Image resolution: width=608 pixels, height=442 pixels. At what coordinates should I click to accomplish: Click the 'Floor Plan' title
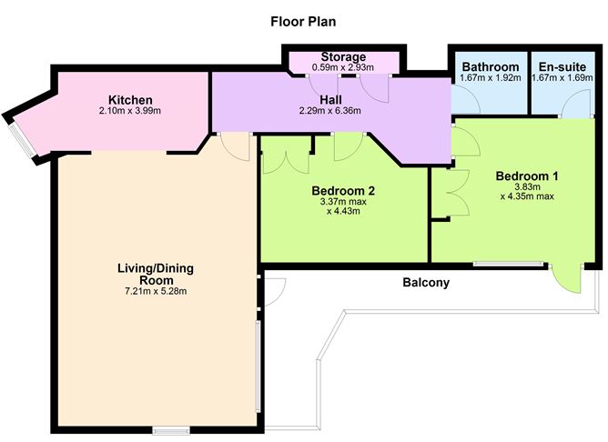click(303, 22)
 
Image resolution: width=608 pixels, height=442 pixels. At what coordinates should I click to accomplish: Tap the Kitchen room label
click(130, 99)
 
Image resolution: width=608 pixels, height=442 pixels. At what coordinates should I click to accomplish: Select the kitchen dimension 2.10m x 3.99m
click(130, 111)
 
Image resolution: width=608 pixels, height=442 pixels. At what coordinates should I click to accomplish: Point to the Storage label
click(343, 57)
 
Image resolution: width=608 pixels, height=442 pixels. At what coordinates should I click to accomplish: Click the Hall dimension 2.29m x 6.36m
click(330, 111)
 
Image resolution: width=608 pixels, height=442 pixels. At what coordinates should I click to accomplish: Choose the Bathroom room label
click(491, 66)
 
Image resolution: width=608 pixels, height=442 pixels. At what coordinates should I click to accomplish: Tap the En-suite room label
click(562, 66)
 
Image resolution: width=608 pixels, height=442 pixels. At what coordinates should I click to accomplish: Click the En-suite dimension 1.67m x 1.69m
click(562, 77)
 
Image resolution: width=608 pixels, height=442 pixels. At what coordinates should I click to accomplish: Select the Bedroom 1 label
click(527, 176)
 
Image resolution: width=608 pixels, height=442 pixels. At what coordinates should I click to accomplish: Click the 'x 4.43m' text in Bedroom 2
click(343, 212)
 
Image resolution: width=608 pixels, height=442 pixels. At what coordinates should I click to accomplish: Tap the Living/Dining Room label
click(156, 275)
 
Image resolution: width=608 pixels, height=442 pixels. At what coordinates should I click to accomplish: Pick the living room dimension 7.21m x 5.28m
click(156, 291)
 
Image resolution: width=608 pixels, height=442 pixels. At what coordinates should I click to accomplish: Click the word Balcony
click(426, 283)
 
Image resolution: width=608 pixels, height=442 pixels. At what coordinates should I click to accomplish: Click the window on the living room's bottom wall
click(171, 430)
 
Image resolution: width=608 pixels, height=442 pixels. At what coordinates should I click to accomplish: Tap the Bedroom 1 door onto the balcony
click(567, 278)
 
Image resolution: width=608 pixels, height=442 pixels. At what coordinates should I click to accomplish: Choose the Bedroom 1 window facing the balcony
click(509, 265)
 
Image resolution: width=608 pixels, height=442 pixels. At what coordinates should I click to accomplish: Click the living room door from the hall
click(235, 147)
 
